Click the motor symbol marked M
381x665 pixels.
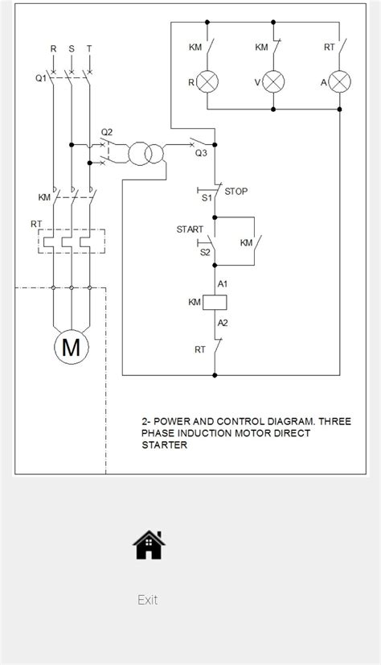click(72, 347)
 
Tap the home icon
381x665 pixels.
click(149, 545)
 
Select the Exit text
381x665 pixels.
click(147, 600)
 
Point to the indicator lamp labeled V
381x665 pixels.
click(275, 81)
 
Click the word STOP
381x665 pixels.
click(236, 192)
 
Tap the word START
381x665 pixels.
click(190, 229)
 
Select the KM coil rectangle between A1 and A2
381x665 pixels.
click(215, 303)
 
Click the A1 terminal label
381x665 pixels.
click(223, 283)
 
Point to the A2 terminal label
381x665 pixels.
click(223, 322)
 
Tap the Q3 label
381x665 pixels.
click(201, 153)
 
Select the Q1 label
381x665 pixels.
click(41, 78)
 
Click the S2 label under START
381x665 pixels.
click(204, 252)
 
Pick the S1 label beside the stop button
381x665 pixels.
click(205, 196)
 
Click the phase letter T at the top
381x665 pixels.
click(88, 48)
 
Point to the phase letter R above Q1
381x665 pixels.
click(53, 48)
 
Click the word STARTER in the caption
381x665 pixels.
click(164, 444)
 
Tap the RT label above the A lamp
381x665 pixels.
click(330, 47)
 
